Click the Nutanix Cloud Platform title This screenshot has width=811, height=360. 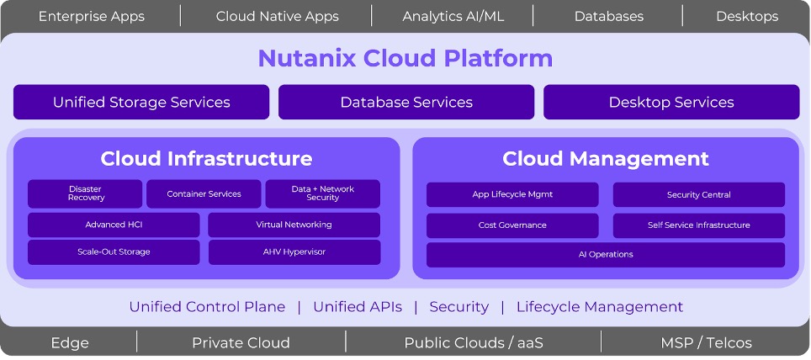(405, 58)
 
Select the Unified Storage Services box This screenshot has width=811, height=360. (141, 103)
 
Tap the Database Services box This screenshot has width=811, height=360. (406, 103)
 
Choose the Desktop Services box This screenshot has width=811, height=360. (671, 103)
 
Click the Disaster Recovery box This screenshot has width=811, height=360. (85, 193)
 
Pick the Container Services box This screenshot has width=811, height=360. (204, 194)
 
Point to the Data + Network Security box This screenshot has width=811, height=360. (323, 193)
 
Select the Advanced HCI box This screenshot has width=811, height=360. (114, 225)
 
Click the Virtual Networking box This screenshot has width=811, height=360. (294, 225)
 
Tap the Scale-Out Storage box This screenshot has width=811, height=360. (114, 251)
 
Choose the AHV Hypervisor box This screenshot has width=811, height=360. (294, 251)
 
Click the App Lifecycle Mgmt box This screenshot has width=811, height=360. (512, 194)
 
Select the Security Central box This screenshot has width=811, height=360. (698, 194)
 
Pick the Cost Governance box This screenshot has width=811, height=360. (512, 225)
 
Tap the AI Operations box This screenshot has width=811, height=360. (606, 254)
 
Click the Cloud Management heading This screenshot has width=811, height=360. (606, 159)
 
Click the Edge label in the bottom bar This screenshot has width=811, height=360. (70, 342)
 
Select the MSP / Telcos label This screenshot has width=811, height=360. (707, 342)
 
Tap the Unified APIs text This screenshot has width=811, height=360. (358, 307)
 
